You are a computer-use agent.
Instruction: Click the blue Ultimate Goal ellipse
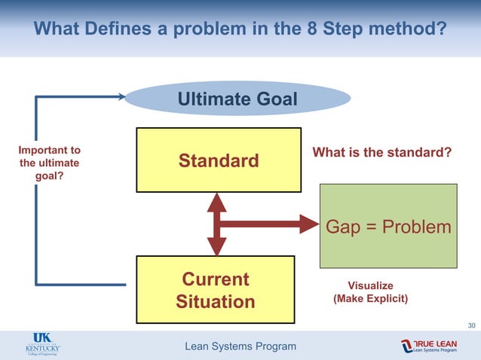coord(237,99)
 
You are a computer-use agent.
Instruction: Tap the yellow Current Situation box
coord(215,291)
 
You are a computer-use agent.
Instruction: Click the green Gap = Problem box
coord(388,226)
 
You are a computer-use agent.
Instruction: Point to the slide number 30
coord(471,325)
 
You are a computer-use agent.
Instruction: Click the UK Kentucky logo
coord(42,345)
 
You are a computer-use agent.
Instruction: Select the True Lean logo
coord(429,346)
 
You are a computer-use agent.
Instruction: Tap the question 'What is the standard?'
coord(381,153)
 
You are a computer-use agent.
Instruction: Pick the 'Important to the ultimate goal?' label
coord(50,162)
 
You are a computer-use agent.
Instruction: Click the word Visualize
coord(369,285)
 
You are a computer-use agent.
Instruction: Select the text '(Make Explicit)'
coord(370,299)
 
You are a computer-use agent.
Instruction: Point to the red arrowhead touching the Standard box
coord(216,201)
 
